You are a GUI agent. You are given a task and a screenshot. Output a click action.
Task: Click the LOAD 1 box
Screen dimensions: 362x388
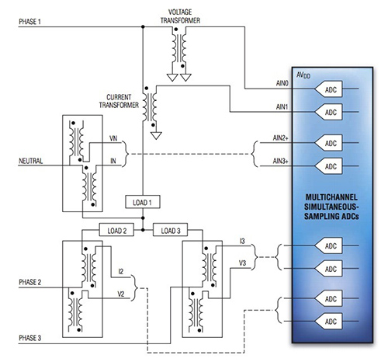click(x=141, y=203)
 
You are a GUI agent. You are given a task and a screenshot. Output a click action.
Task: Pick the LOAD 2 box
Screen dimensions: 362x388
click(x=116, y=231)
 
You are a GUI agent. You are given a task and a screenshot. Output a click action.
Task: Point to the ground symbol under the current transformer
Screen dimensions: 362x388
click(x=155, y=135)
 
